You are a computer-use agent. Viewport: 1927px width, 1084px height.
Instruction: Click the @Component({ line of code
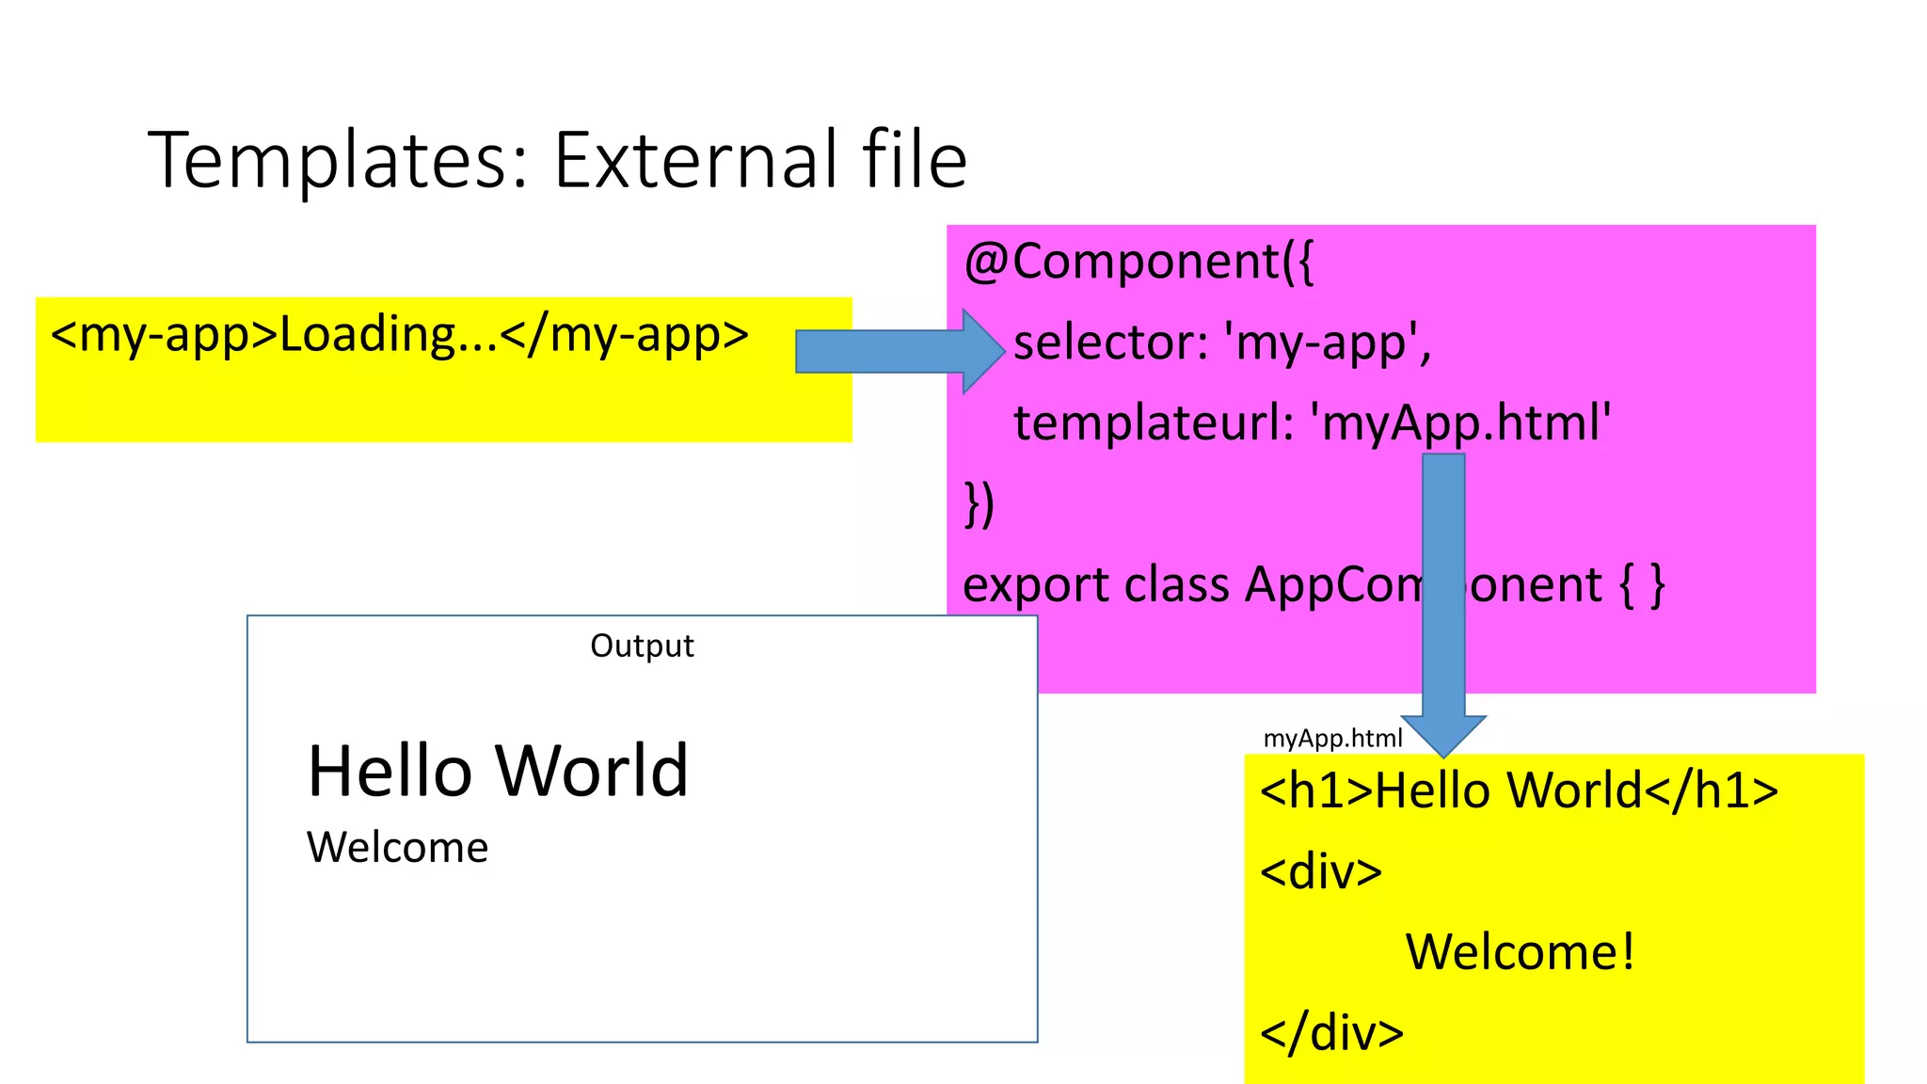[1138, 262]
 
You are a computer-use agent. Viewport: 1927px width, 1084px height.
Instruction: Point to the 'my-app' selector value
[1327, 343]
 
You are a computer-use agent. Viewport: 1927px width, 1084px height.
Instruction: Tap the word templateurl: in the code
[1154, 422]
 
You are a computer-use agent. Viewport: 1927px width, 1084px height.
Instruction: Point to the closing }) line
[979, 504]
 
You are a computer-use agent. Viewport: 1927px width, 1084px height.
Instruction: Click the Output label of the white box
[642, 646]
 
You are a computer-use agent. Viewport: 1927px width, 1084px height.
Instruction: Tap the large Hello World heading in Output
[498, 771]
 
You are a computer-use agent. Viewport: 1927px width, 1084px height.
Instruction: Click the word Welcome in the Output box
[397, 848]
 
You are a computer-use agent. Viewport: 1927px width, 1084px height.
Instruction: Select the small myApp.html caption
[1332, 738]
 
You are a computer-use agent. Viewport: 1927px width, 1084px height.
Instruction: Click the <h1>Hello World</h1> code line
[1519, 790]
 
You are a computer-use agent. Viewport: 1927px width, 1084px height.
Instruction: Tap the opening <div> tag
[1321, 871]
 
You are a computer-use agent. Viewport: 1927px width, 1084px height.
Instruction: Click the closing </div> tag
[1331, 1033]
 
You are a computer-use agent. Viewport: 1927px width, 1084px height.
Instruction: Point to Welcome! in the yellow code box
[1520, 952]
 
